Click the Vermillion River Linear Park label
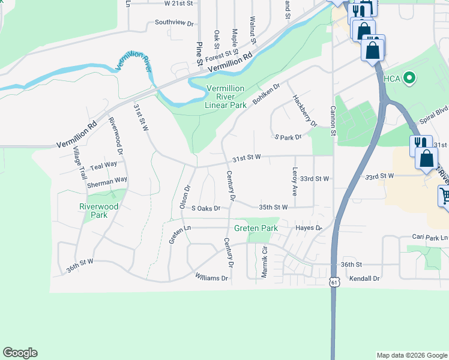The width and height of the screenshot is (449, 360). click(225, 97)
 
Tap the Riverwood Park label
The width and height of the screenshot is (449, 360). click(99, 211)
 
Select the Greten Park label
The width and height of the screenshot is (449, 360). click(256, 229)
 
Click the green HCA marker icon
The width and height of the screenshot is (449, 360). click(410, 77)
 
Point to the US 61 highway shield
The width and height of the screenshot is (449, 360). click(334, 281)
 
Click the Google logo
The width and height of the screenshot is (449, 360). click(20, 353)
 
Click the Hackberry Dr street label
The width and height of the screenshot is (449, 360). click(304, 110)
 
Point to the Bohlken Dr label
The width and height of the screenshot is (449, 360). click(267, 94)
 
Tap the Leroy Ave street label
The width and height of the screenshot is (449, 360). click(295, 181)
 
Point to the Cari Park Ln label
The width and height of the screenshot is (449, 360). click(430, 238)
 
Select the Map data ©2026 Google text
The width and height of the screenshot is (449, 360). click(411, 355)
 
